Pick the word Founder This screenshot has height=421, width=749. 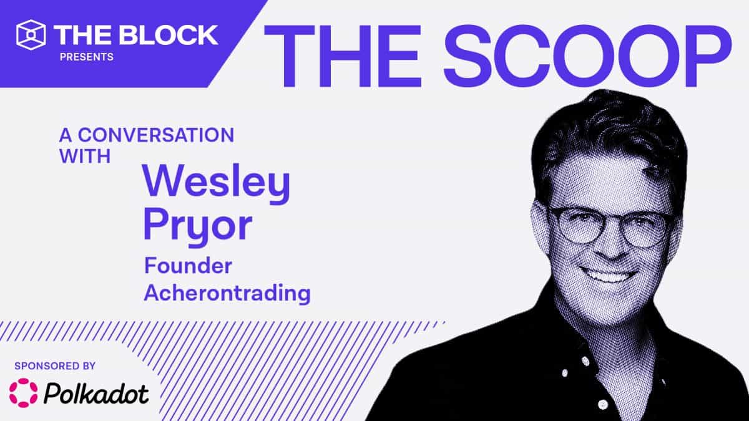[x=188, y=266]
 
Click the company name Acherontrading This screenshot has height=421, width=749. [x=227, y=293]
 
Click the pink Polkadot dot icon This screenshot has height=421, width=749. [x=23, y=392]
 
